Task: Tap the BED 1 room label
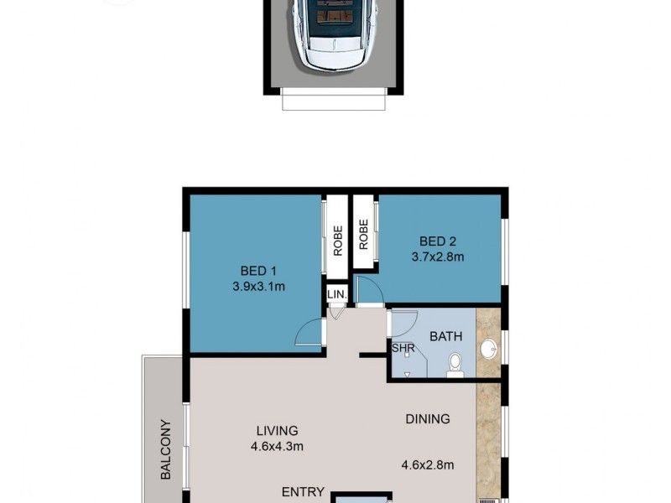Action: click(x=258, y=271)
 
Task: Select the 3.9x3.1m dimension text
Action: click(x=258, y=287)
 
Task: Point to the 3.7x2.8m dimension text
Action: click(x=437, y=257)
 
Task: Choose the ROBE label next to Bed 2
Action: click(x=364, y=235)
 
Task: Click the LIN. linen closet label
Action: click(x=336, y=296)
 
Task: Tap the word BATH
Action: click(x=445, y=336)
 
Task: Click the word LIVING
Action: click(x=277, y=431)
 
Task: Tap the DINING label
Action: click(x=427, y=419)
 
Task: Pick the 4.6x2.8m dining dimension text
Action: click(x=428, y=465)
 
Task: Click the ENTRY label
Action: click(x=303, y=492)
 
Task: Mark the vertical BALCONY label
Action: click(x=165, y=449)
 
